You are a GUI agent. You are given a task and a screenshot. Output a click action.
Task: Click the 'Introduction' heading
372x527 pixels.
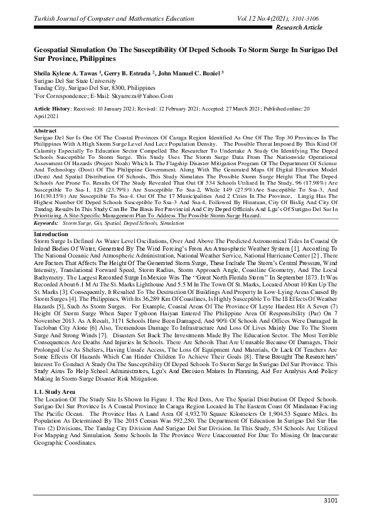coord(50,233)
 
